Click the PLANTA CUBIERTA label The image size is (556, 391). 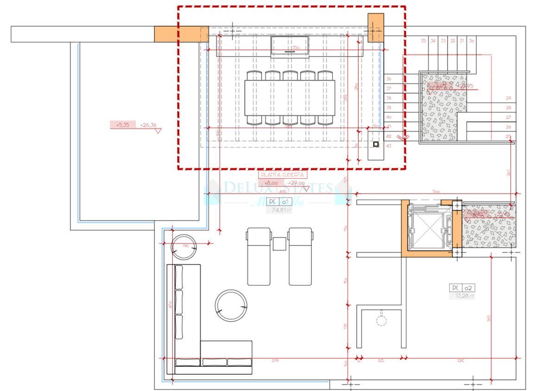(x=283, y=175)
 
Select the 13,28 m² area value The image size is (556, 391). (x=462, y=296)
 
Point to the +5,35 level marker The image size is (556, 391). (x=122, y=125)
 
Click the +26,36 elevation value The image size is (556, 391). (x=148, y=125)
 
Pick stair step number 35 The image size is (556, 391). (x=423, y=41)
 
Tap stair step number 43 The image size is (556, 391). (x=388, y=146)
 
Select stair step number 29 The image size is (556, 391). (x=508, y=98)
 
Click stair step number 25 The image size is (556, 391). (x=508, y=137)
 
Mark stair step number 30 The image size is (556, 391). (x=472, y=41)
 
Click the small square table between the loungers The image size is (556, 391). (x=279, y=244)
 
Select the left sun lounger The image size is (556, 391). (x=259, y=256)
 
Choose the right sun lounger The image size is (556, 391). (x=300, y=256)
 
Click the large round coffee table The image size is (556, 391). (x=231, y=306)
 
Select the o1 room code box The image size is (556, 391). (x=285, y=202)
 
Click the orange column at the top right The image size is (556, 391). (x=376, y=28)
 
